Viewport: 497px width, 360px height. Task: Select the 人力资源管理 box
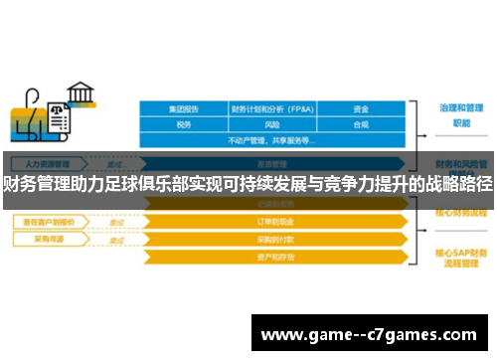tap(47, 163)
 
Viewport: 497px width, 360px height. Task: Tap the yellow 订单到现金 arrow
tap(272, 223)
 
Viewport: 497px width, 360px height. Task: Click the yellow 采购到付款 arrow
tap(272, 240)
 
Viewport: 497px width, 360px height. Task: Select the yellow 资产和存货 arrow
tap(272, 256)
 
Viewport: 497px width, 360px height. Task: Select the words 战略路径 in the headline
tap(457, 184)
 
